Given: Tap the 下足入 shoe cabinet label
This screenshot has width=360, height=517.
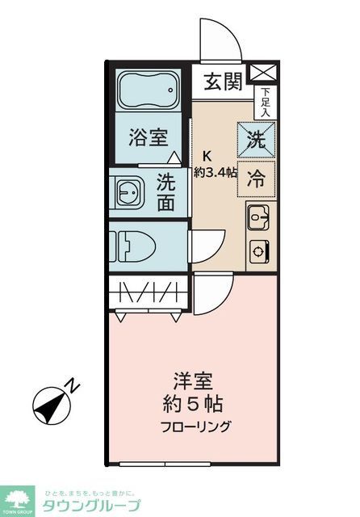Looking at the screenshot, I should (265, 101).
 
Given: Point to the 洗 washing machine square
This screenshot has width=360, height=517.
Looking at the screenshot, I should (256, 138).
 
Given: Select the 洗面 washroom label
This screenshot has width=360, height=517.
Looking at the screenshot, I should (165, 192).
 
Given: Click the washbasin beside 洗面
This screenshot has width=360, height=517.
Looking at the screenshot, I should (128, 192).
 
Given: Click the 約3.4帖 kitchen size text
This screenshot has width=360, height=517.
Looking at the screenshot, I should (215, 171).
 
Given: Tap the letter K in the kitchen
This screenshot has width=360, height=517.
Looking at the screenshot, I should (207, 156).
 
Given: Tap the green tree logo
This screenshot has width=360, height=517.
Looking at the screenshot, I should (18, 500).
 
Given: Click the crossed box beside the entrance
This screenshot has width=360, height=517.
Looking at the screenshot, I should (264, 74).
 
